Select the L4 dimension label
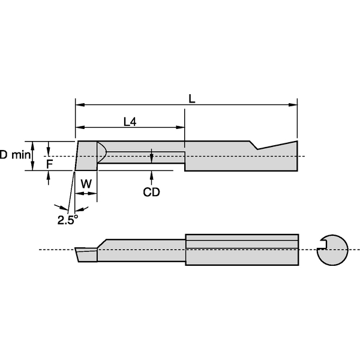(x=130, y=122)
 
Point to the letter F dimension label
(x=50, y=163)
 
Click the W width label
(x=86, y=184)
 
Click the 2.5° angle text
(x=68, y=220)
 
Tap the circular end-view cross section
(x=332, y=248)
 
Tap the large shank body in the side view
(x=242, y=249)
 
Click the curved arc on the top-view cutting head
(x=103, y=152)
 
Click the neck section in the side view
(x=141, y=250)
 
